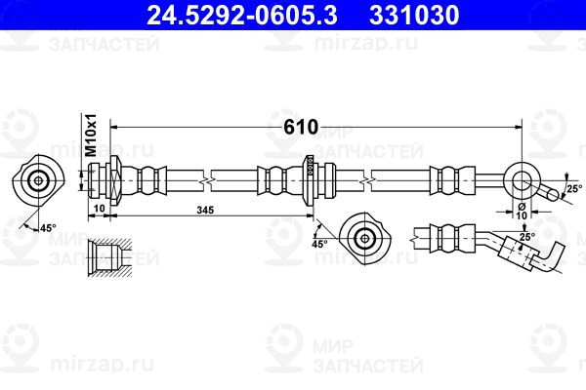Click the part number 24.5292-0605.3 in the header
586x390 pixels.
pos(242,16)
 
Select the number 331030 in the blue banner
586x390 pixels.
pos(414,16)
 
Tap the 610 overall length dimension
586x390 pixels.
pos(301,128)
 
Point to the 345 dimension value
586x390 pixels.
pos(205,211)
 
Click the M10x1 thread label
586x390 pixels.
pos(91,136)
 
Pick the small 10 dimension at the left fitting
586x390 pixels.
pos(100,209)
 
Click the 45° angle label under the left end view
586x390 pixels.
pos(48,227)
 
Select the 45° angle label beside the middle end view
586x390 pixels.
pos(319,244)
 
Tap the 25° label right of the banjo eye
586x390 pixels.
pos(574,189)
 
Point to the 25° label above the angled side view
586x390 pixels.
pos(527,237)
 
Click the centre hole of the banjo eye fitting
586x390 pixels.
pos(521,181)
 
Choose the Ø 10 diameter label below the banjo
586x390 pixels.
pos(522,212)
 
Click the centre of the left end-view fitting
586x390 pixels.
pos(38,181)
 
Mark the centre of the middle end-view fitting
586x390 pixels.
pos(364,238)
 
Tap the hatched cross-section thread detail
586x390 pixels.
pos(109,257)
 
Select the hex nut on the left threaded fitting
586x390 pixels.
pos(114,180)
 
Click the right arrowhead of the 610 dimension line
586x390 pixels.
pos(518,128)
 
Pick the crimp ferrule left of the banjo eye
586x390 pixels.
pos(452,181)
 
